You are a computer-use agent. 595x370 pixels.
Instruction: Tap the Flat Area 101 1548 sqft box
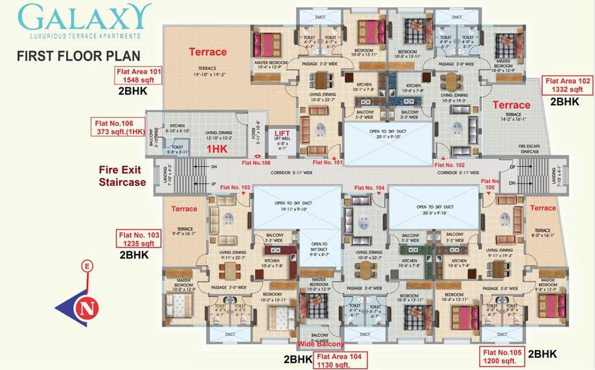139,76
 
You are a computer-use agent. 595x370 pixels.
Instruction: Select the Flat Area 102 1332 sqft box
567,86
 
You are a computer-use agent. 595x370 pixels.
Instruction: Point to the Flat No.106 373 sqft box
117,127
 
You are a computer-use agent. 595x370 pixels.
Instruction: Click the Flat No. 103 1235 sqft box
139,239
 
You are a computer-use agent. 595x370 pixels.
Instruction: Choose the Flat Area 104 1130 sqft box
339,360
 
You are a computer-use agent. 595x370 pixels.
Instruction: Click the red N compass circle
86,307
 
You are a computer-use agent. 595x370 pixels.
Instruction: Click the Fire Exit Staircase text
122,177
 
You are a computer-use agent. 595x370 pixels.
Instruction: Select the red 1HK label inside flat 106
217,149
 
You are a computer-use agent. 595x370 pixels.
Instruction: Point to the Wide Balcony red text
321,345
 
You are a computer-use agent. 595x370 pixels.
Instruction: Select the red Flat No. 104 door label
369,188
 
